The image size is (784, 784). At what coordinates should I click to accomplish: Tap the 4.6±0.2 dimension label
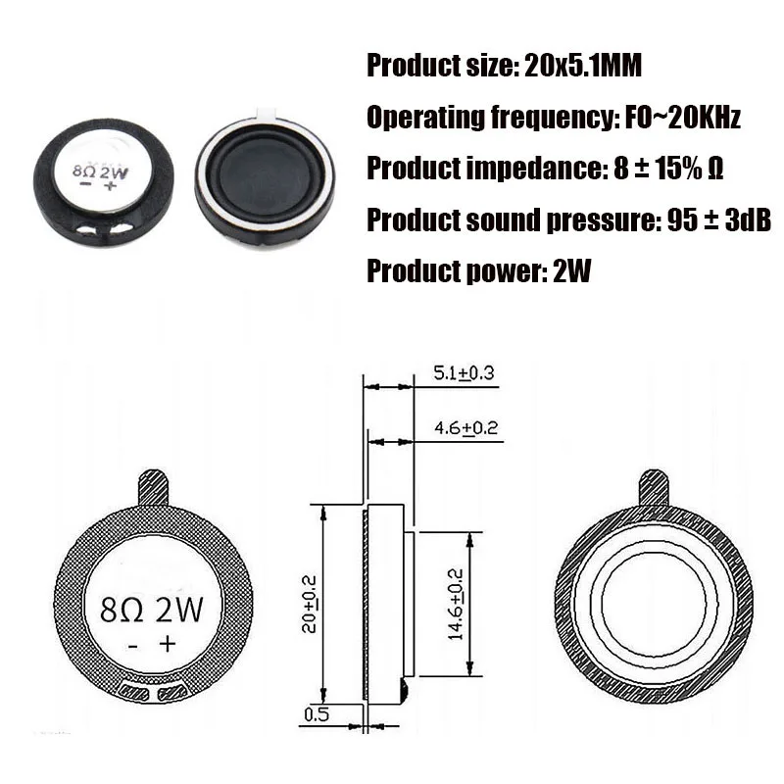coord(465,428)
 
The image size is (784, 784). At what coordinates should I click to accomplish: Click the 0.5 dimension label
coord(317,714)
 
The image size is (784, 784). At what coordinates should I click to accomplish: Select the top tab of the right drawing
coord(654,486)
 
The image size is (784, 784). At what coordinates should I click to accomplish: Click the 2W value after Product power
coord(572,270)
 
